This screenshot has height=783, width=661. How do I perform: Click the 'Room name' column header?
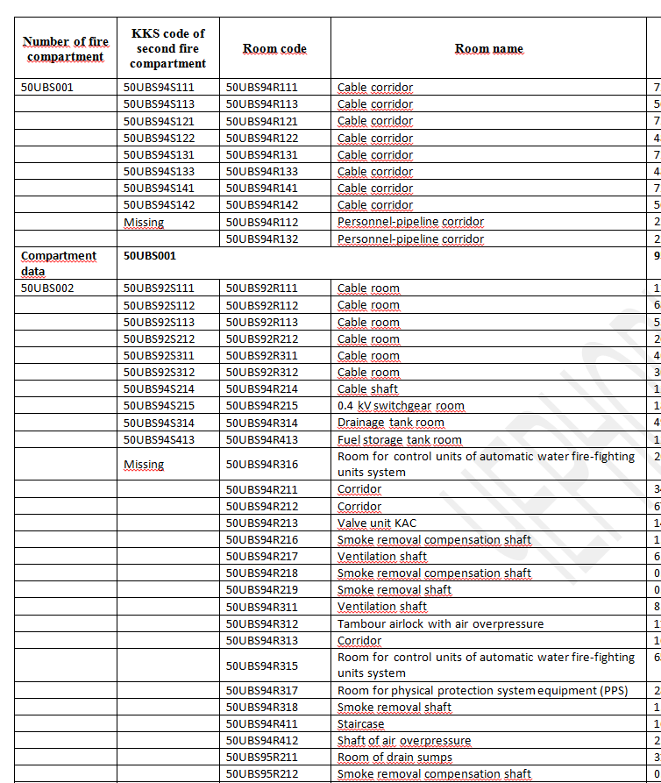point(488,48)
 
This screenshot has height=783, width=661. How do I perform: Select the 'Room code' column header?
point(274,48)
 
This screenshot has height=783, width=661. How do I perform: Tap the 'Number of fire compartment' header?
point(66,49)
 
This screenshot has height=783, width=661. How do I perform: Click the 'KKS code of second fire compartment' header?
point(168,48)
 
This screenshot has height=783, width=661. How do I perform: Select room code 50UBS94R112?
point(262,222)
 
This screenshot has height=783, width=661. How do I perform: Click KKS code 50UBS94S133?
point(159,172)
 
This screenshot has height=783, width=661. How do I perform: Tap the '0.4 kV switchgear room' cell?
point(401,406)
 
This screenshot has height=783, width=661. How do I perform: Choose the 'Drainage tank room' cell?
point(390,423)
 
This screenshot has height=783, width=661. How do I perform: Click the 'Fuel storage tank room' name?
point(399,440)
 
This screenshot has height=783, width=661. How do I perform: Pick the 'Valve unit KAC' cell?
point(376,523)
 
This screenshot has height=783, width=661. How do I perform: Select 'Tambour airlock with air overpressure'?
point(440,624)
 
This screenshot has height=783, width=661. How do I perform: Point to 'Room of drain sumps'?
point(394,758)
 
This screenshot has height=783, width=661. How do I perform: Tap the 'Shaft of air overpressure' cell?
point(403,741)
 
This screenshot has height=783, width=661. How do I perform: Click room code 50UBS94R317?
point(262,691)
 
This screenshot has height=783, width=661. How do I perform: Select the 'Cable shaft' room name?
point(367,389)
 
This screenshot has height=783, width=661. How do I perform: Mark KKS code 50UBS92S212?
point(159,339)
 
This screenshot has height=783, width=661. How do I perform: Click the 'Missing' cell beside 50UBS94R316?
point(144,465)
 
